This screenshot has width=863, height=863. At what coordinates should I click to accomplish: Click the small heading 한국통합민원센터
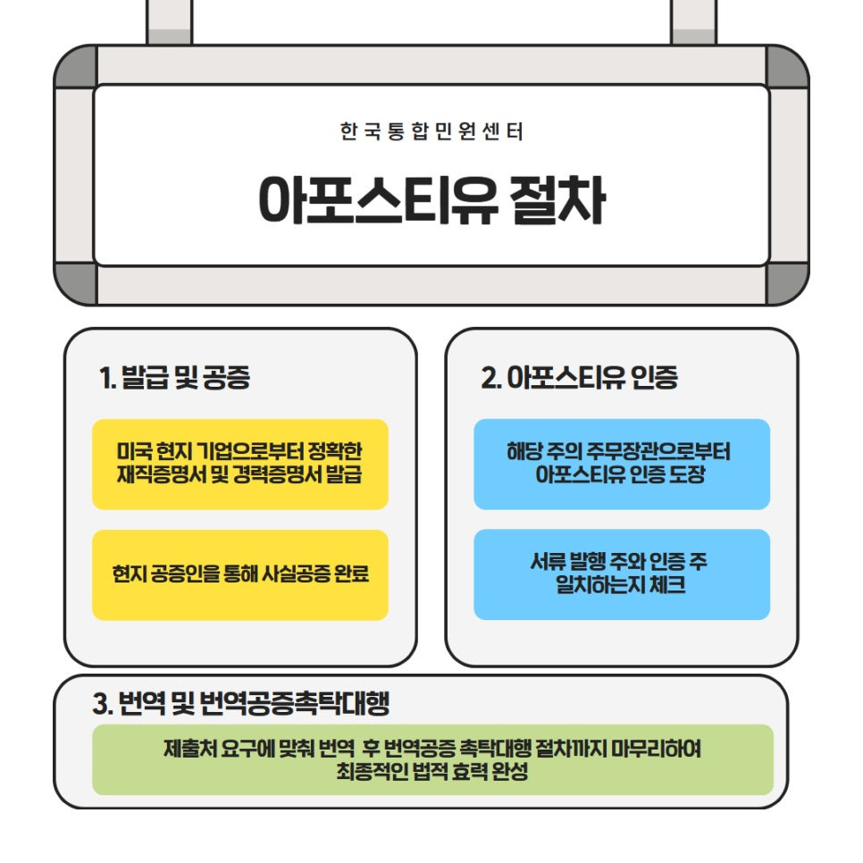pyautogui.click(x=431, y=132)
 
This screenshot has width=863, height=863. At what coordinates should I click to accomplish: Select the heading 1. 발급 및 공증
pyautogui.click(x=174, y=378)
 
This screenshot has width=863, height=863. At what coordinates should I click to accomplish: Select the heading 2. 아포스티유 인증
pyautogui.click(x=579, y=378)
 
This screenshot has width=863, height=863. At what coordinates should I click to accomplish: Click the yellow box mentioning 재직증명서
pyautogui.click(x=239, y=464)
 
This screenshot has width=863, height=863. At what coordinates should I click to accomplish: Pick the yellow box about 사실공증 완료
pyautogui.click(x=239, y=574)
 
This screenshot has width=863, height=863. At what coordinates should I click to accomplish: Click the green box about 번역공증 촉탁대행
pyautogui.click(x=432, y=759)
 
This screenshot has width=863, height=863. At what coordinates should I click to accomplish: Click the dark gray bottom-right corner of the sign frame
pyautogui.click(x=787, y=284)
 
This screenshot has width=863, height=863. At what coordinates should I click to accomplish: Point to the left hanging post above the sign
pyautogui.click(x=169, y=21)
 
